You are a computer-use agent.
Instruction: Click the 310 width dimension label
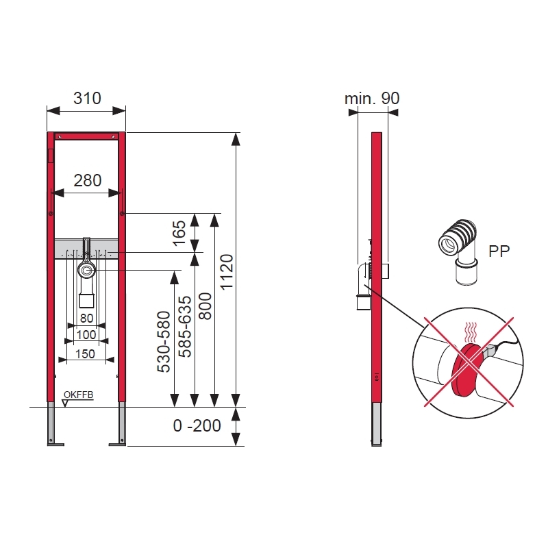click(87, 98)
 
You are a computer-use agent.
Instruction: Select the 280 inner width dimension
click(88, 181)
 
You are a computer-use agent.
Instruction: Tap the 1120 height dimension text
click(227, 272)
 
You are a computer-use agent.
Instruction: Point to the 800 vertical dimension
click(205, 306)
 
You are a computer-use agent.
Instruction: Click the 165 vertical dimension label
click(179, 233)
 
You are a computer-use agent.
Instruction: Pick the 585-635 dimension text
click(185, 327)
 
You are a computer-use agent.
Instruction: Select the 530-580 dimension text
click(164, 342)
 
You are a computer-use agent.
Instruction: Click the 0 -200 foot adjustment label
click(197, 425)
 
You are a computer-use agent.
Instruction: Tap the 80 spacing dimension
click(86, 318)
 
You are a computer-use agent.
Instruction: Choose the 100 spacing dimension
click(86, 334)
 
